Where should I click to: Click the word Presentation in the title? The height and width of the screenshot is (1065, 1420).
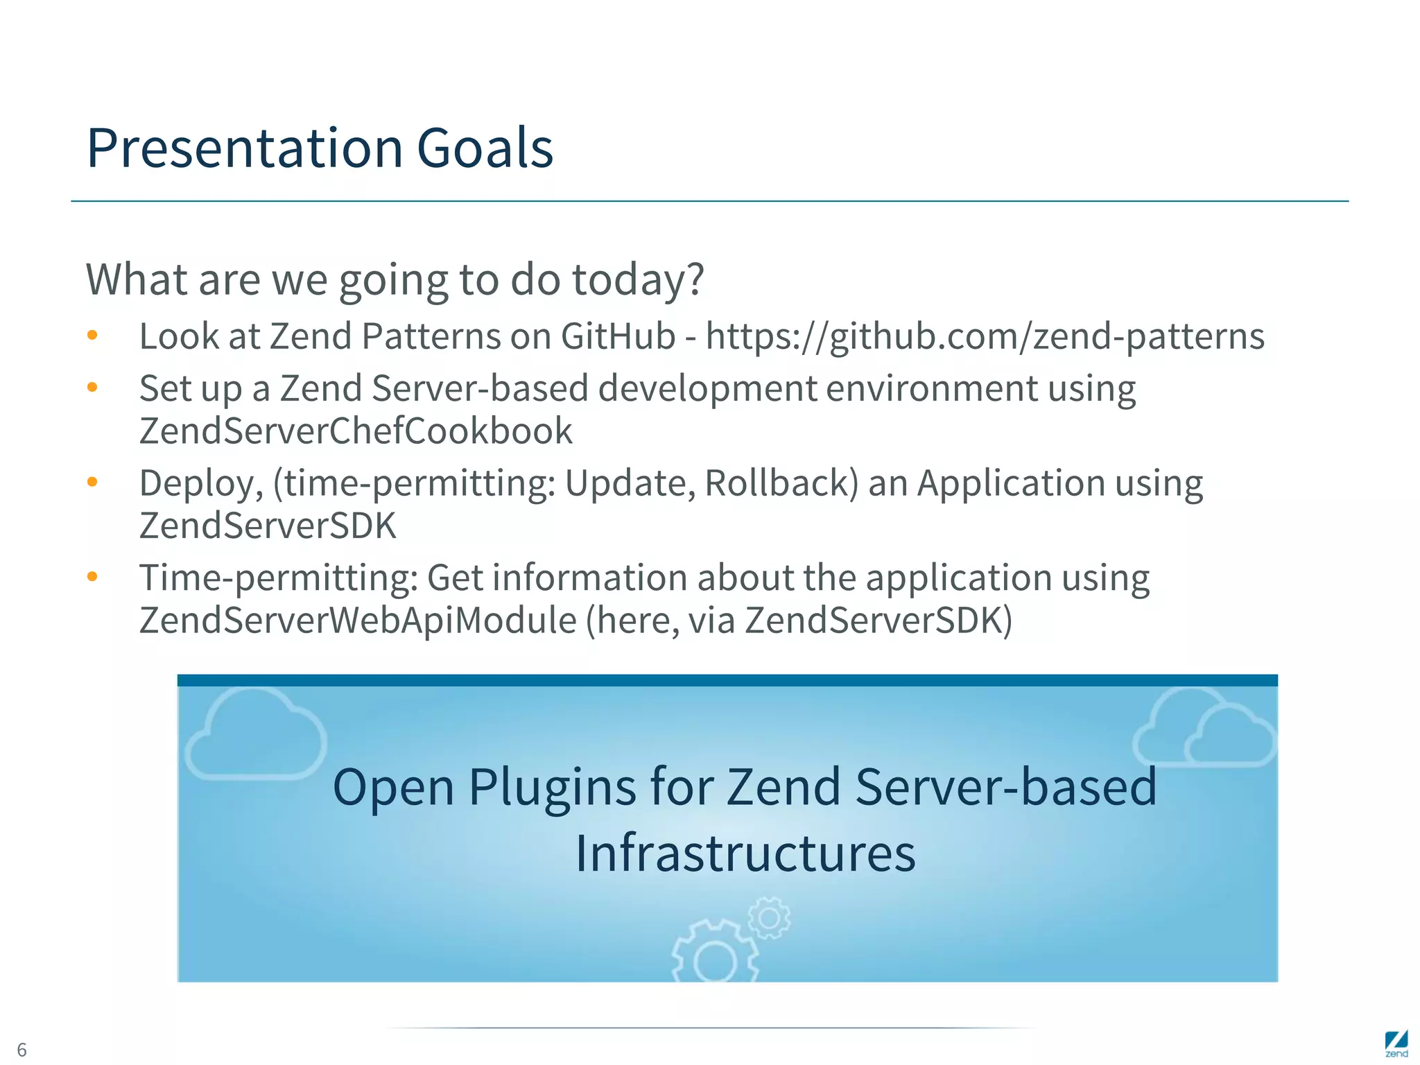(244, 148)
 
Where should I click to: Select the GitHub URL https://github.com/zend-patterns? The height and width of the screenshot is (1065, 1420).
(985, 338)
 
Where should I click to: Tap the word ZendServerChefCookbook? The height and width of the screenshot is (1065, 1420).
(356, 431)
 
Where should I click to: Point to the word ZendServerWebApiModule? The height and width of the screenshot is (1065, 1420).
(358, 620)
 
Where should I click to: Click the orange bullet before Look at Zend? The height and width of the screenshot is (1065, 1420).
(92, 336)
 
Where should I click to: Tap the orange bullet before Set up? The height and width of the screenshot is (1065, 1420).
(92, 388)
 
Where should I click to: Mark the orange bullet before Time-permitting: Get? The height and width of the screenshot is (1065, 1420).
(92, 577)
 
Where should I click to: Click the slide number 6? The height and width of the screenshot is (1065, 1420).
(21, 1049)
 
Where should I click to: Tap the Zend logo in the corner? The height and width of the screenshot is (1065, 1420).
(1396, 1044)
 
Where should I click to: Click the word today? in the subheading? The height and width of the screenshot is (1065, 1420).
(639, 279)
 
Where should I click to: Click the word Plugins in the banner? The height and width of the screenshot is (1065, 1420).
(552, 787)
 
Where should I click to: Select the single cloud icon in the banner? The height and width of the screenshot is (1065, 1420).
(255, 735)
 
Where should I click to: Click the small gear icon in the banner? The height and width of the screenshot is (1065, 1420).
(769, 918)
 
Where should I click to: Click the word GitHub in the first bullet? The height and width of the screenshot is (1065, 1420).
(618, 337)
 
